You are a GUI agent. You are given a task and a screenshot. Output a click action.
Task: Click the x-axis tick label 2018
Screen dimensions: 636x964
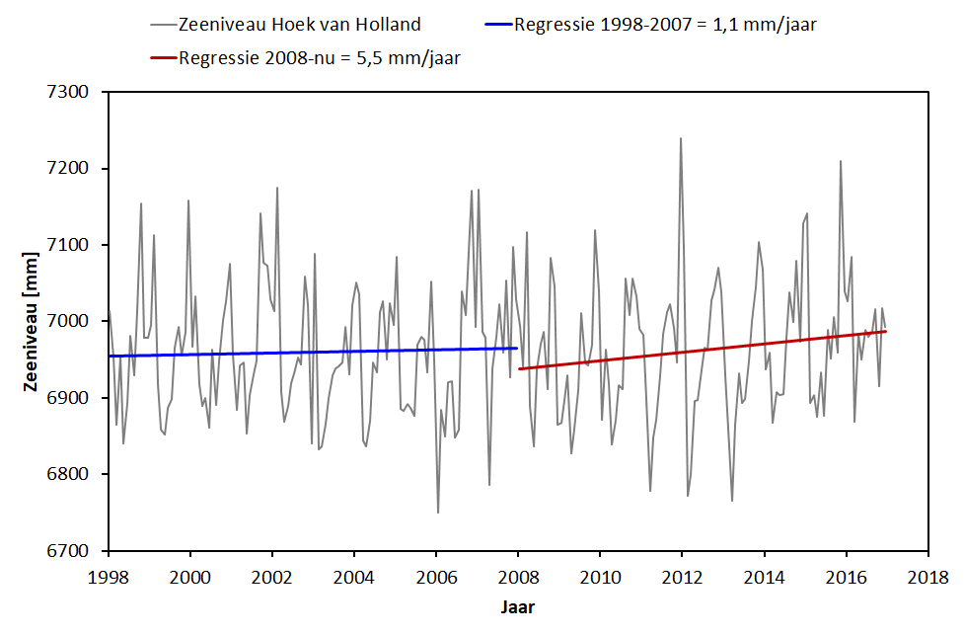pos(927,575)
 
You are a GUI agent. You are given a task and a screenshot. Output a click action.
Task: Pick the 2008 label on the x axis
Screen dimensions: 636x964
pos(518,575)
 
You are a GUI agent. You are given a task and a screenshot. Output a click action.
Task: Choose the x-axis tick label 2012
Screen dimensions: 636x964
pos(681,575)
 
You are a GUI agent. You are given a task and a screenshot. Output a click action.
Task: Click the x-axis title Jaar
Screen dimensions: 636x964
pos(516,606)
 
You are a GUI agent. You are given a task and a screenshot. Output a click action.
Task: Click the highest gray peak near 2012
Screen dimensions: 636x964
pos(681,138)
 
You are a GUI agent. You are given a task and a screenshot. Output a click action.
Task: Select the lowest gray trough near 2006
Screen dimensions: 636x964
pos(438,513)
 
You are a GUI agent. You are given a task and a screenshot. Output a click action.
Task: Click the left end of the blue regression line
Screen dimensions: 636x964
pos(110,356)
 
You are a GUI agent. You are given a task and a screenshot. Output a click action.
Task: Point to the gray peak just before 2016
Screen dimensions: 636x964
pos(841,161)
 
